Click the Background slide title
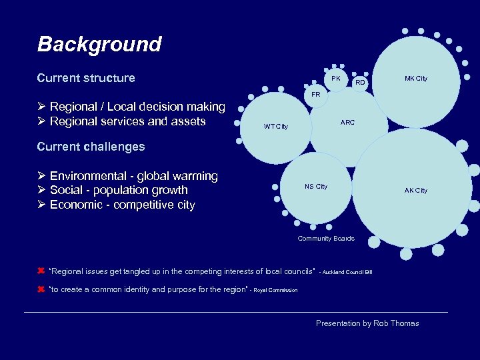click(99, 44)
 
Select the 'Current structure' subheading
click(86, 78)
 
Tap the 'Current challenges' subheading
click(91, 146)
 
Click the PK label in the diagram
click(336, 79)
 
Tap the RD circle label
click(360, 83)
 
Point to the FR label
click(316, 95)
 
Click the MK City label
click(416, 79)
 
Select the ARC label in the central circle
click(347, 123)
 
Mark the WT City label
click(276, 127)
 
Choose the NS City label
click(316, 187)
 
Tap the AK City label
click(416, 191)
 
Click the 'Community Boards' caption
click(326, 239)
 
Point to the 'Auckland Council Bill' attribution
click(346, 272)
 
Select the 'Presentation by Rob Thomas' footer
click(367, 323)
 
